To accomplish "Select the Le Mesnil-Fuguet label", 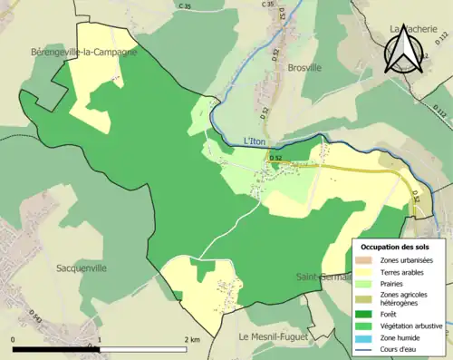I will click(273, 337).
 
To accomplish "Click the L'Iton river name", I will click(257, 141).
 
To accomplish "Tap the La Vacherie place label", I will click(412, 29).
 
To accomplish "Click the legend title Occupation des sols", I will click(395, 247).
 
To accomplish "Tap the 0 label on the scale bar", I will click(14, 340).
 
